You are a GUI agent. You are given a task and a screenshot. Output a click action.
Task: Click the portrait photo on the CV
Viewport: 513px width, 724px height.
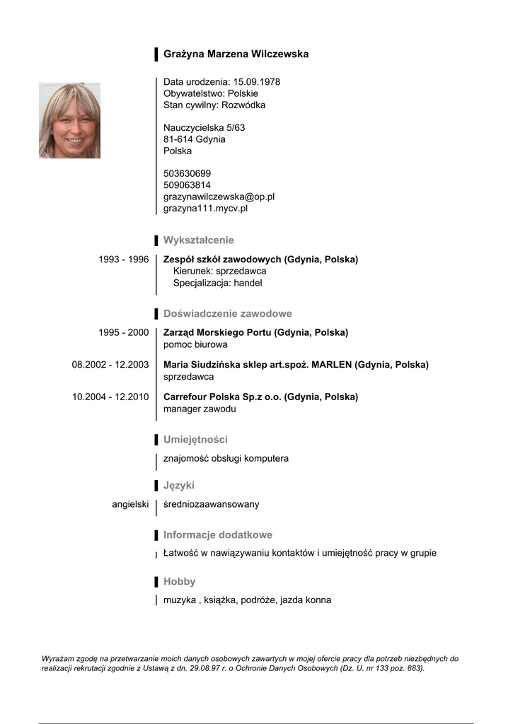point(69,121)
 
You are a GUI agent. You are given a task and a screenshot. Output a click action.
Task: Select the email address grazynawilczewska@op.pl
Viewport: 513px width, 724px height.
point(219,197)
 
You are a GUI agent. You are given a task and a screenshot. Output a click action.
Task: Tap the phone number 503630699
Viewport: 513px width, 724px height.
point(187,174)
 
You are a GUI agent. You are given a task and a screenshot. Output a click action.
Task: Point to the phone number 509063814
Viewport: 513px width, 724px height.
point(187,185)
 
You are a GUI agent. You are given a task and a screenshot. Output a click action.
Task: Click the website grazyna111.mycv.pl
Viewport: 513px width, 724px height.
point(205,209)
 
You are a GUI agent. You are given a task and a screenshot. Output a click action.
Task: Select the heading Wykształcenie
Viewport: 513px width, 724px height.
point(198,240)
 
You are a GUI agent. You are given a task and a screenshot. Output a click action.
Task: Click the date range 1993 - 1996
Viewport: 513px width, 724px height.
point(123,259)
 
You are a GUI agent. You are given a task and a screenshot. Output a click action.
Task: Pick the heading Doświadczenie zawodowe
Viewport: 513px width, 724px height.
point(227,313)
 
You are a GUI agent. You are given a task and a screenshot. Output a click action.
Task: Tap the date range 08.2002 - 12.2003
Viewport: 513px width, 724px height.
point(110,365)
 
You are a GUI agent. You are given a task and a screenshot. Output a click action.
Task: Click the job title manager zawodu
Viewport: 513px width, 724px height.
point(200,409)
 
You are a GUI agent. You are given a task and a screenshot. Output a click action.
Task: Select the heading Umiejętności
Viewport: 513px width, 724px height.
point(195,440)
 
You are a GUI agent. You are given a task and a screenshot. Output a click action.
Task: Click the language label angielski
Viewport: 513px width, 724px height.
point(130,504)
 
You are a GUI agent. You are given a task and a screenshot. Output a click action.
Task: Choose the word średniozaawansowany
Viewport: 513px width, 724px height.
point(211,504)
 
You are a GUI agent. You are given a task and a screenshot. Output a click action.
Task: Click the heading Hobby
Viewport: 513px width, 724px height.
point(179,582)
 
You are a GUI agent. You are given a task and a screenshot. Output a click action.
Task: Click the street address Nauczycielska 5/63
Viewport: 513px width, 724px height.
point(204,128)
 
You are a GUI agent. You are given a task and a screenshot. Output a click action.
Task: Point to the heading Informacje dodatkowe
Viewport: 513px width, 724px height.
point(217,535)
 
